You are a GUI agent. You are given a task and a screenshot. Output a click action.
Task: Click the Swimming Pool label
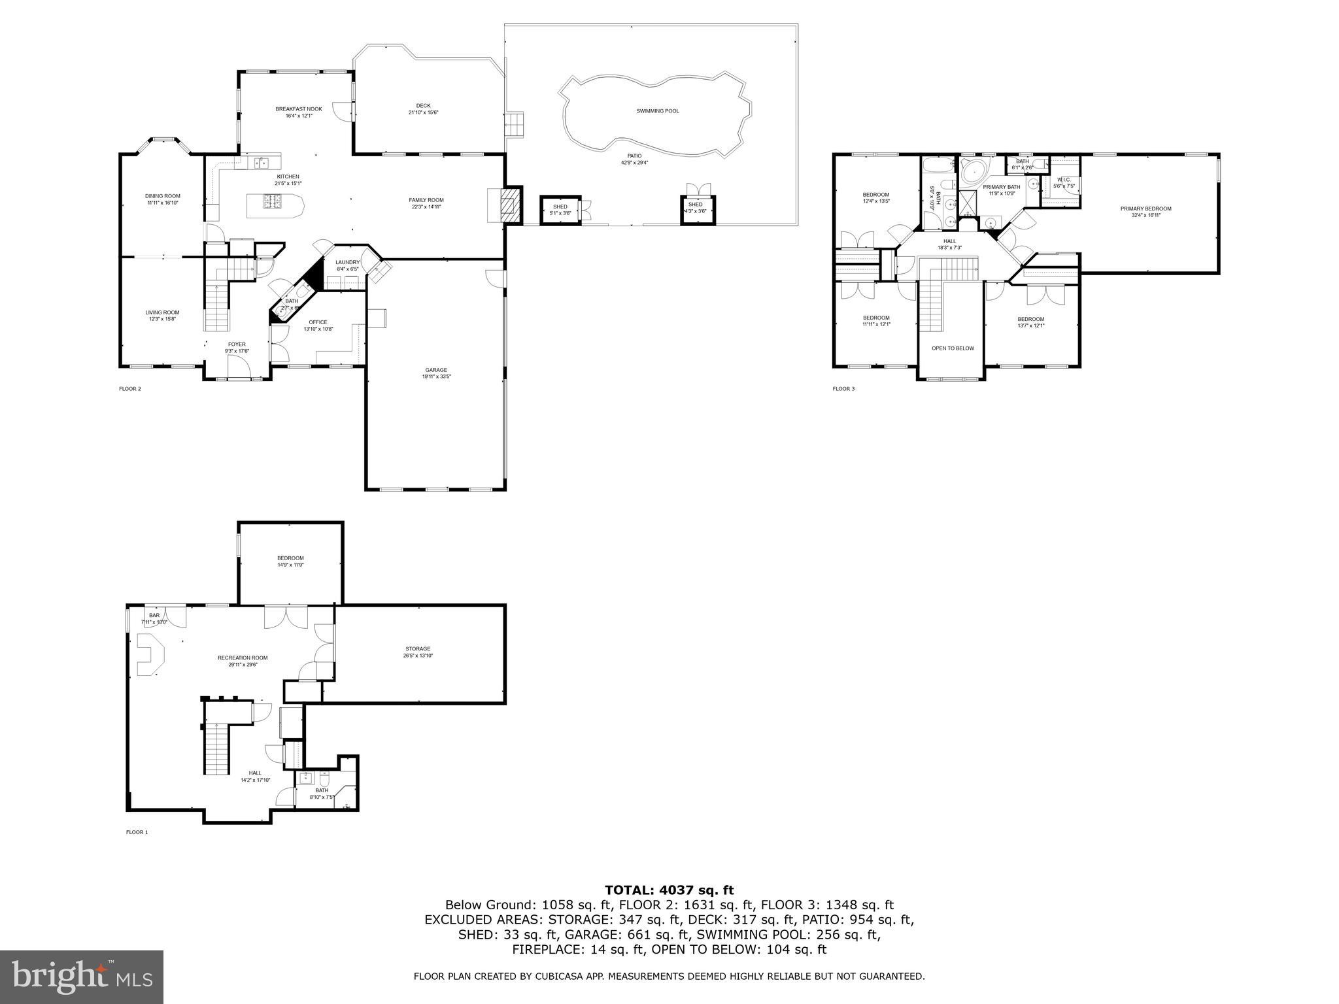point(657,111)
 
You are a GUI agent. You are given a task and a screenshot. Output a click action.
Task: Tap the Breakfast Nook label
point(298,109)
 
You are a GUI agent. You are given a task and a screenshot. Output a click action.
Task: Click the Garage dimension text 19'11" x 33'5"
point(436,376)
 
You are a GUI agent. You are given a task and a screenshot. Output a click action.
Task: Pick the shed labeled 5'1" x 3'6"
point(560,209)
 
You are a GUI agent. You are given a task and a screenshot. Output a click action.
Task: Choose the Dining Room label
point(162,196)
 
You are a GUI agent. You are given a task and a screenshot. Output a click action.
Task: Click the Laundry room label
point(347,262)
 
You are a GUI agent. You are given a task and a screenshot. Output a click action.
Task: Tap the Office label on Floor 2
point(318,322)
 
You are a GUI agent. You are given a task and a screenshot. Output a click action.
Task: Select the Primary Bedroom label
point(1145,209)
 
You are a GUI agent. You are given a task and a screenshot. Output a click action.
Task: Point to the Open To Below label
point(953,348)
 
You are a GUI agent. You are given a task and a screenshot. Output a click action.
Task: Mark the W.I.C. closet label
point(1064,180)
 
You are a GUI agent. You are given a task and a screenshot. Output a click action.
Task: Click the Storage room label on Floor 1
point(418,649)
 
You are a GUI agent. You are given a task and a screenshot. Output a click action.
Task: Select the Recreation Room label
point(243,658)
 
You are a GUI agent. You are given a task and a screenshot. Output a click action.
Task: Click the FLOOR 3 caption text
point(843,389)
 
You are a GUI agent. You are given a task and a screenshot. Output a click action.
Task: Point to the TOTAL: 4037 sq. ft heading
point(669,890)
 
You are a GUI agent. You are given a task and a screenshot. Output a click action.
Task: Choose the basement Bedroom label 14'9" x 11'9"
point(290,558)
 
